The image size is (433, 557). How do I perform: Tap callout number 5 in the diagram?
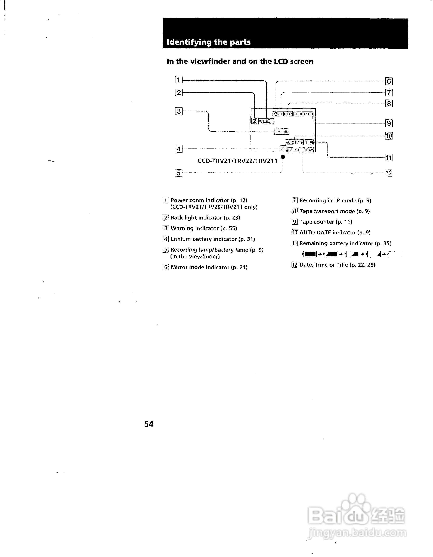coord(178,173)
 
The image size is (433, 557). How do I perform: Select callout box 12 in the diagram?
coord(388,173)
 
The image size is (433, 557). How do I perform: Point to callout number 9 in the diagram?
coord(389,123)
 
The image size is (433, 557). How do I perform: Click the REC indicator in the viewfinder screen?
coord(288,114)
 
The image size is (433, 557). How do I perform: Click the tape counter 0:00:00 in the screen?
coord(304,114)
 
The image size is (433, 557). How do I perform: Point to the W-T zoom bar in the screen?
coord(266,121)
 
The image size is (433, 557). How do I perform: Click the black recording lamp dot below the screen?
coord(283,157)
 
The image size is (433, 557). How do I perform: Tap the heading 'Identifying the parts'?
coord(209,42)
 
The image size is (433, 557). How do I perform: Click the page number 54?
coord(149,424)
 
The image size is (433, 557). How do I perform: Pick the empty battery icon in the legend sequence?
coord(395,254)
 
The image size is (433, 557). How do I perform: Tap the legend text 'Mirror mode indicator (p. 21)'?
coord(209,267)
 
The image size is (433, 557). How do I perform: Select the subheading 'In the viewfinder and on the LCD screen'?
coord(240,61)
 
